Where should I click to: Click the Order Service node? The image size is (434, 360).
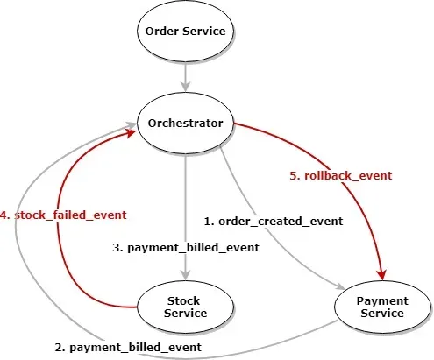pos(185,32)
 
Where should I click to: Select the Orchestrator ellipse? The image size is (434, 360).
pos(185,123)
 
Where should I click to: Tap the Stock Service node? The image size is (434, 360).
pos(185,307)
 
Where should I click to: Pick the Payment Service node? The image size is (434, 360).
pos(383,307)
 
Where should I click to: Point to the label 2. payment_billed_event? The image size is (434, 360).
pos(128,348)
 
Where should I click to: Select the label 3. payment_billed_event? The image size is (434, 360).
pos(186,248)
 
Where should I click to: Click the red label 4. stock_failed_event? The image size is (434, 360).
pos(63,214)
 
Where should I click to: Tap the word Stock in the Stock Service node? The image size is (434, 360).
pos(185,300)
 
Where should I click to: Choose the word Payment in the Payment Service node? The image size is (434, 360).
pos(383,300)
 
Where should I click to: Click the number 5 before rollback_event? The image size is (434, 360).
pos(293,175)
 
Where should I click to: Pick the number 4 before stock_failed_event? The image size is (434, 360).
pos(4,214)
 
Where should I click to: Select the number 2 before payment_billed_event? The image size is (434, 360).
pos(59,348)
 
